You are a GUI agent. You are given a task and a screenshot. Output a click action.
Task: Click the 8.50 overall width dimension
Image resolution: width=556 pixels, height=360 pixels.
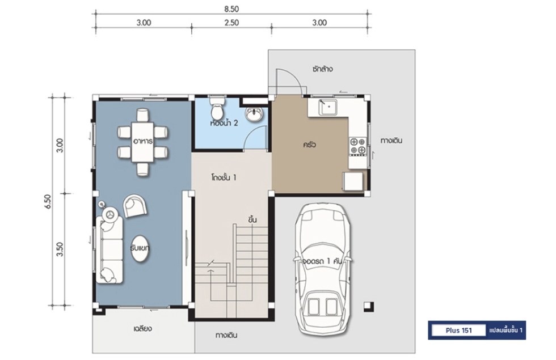tap(231, 9)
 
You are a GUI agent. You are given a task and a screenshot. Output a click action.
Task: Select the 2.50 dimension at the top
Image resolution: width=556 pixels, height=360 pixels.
tap(231, 23)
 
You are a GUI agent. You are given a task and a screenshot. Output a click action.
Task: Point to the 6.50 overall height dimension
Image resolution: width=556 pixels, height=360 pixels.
tap(48, 201)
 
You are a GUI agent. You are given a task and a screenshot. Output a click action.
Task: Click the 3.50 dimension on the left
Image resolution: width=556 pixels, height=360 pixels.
tap(60, 249)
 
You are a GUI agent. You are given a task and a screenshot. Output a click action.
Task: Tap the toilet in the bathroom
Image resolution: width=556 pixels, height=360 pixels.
tap(217, 108)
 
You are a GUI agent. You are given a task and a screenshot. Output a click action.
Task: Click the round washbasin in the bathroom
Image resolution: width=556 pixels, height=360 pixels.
tap(254, 114)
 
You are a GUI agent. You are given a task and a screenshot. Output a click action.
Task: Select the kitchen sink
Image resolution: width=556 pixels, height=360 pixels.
tap(328, 107)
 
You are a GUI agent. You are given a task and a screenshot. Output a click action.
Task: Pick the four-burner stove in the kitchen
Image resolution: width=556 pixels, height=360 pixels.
tap(357, 146)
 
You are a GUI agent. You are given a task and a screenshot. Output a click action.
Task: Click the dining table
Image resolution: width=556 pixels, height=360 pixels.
tap(142, 142)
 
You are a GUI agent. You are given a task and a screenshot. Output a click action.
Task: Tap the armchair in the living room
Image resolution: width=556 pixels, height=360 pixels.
tap(134, 205)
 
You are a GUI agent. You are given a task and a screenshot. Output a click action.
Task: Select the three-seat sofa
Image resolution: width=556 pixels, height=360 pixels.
tap(109, 250)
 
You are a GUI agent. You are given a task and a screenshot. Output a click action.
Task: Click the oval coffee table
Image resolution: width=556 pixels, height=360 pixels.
tap(140, 249)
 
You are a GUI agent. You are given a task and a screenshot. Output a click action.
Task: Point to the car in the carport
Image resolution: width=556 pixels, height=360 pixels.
tap(323, 269)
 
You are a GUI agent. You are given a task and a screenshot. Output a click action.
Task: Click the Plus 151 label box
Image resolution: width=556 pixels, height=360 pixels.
tap(458, 330)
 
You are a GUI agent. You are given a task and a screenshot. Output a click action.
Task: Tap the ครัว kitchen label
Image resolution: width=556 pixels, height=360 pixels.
tap(309, 145)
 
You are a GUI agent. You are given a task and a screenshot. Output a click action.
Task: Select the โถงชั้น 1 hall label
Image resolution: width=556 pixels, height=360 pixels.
tap(224, 177)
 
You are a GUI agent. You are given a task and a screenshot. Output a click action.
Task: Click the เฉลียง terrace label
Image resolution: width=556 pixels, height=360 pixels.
tap(143, 328)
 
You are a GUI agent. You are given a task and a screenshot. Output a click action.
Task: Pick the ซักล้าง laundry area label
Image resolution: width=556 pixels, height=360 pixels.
tap(322, 69)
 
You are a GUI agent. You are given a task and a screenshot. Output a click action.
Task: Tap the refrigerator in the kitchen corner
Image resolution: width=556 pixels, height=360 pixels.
tap(353, 181)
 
